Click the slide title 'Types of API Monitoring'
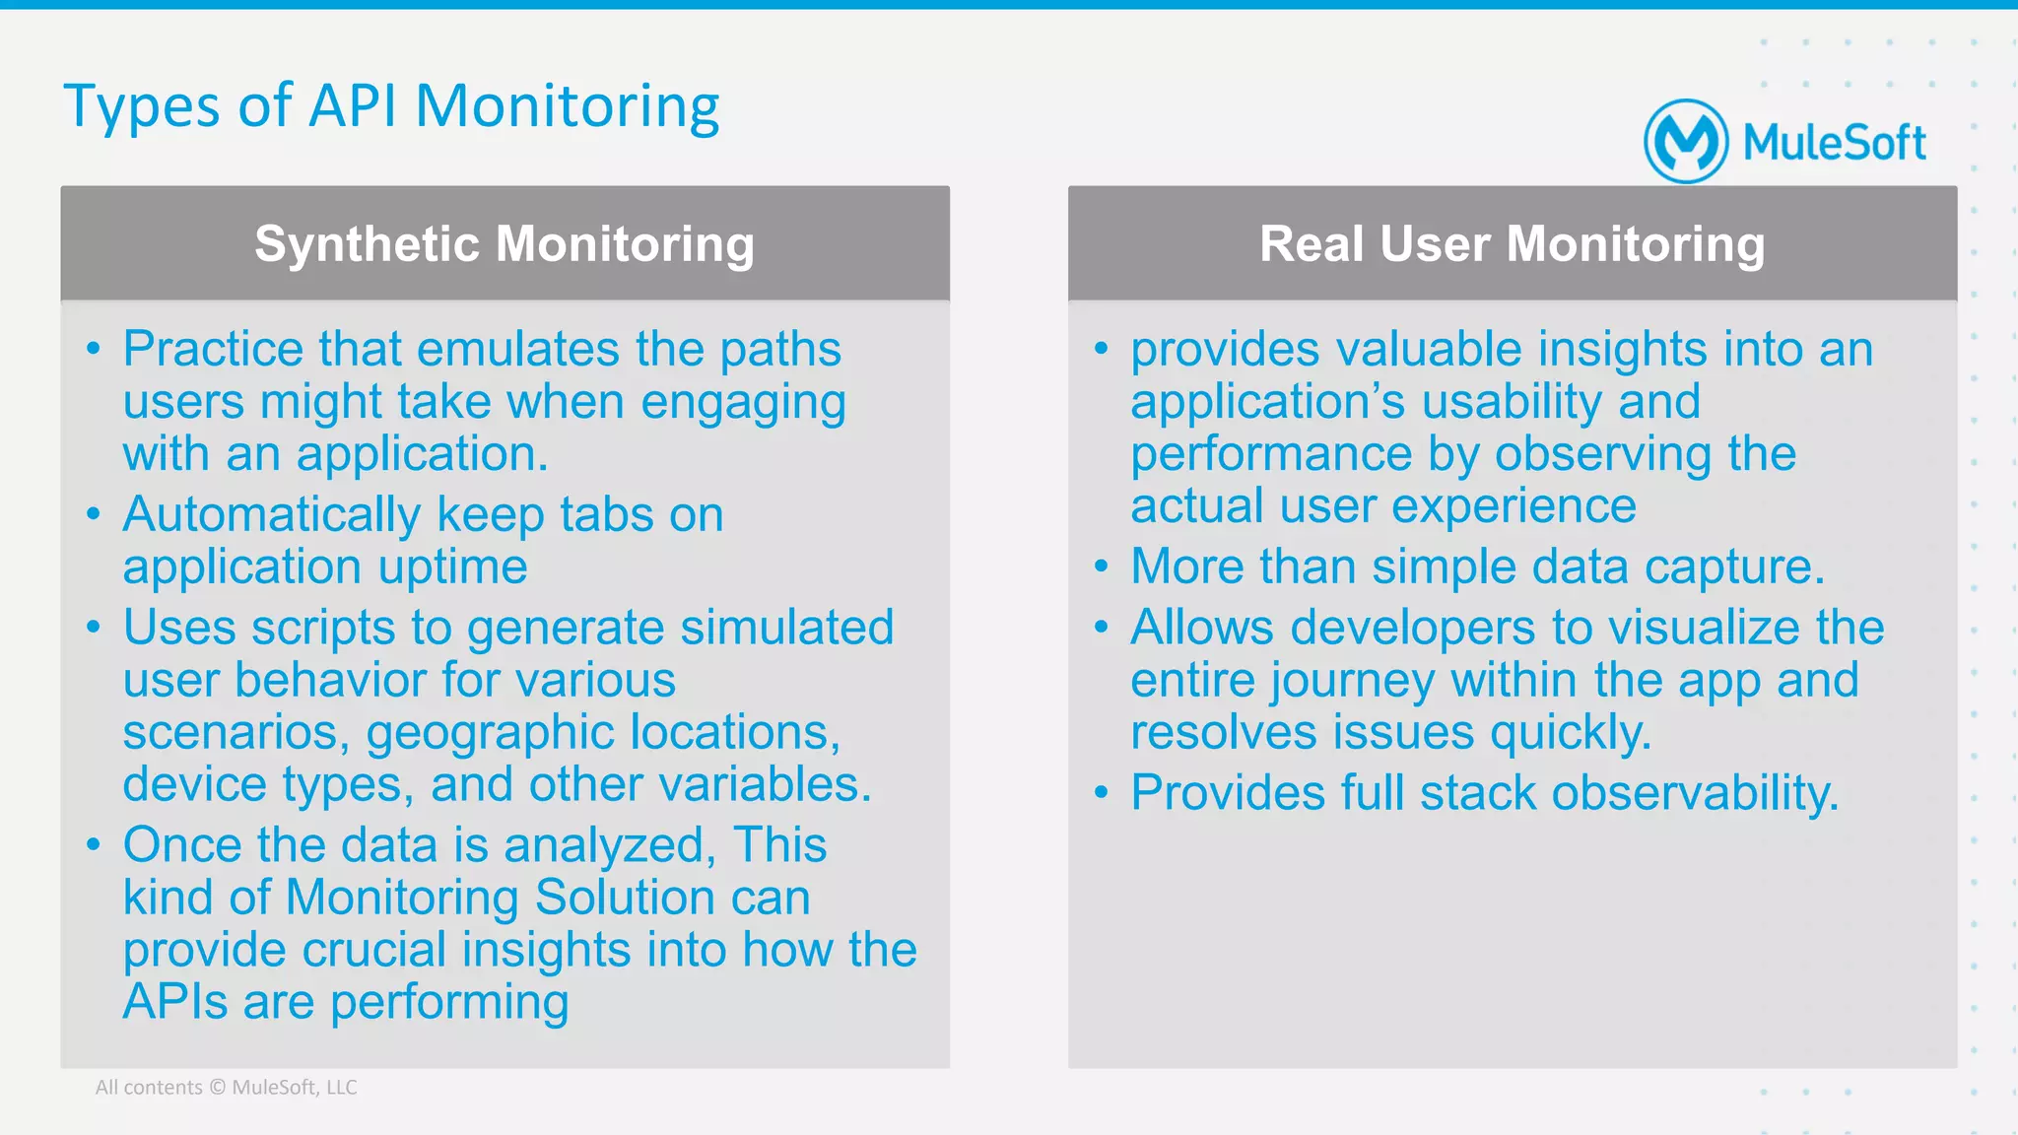[x=391, y=106]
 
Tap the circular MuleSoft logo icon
[x=1685, y=142]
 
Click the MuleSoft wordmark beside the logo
[x=1834, y=143]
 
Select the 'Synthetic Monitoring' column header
[x=504, y=243]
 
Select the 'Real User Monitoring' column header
[x=1512, y=243]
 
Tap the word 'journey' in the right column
[x=1352, y=681]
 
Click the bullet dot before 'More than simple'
[x=1101, y=567]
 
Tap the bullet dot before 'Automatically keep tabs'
[x=94, y=514]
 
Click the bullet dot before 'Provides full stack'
[x=1101, y=793]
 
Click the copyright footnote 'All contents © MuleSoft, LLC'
[x=226, y=1088]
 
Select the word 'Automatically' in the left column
[x=272, y=515]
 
